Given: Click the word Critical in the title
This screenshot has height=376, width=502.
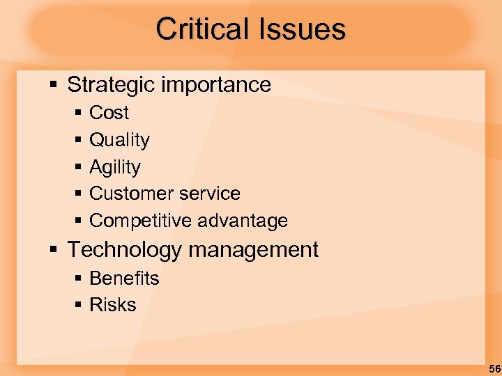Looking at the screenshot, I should coord(202,29).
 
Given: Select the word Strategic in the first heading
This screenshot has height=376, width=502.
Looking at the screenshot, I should coord(112,85).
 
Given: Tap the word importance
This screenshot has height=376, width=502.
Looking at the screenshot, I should coord(217,85).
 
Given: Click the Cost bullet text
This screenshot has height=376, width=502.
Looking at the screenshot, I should coord(109,113).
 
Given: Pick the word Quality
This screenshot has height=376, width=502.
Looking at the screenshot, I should coord(119,140).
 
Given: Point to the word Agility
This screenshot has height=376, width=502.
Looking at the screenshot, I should coord(115,167).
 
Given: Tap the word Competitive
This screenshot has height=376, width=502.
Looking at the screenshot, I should coord(140,221).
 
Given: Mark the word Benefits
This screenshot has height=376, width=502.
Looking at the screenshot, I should coord(124,279).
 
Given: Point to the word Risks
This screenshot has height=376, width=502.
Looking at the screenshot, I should coord(113,305).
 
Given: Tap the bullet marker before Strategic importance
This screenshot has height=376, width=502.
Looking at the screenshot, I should coord(53,85).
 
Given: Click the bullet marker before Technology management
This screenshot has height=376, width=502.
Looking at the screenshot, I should coord(53,249).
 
